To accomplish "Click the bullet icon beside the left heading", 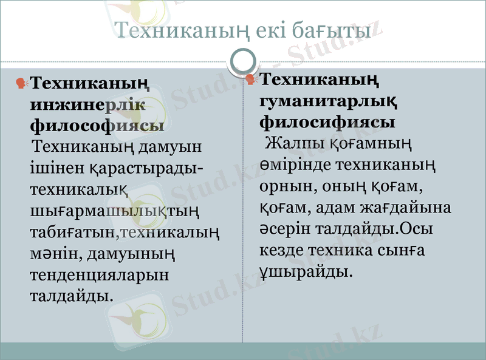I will (x=22, y=83).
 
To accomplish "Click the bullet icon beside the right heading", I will (x=251, y=79).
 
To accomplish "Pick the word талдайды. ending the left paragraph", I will (x=71, y=296).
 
